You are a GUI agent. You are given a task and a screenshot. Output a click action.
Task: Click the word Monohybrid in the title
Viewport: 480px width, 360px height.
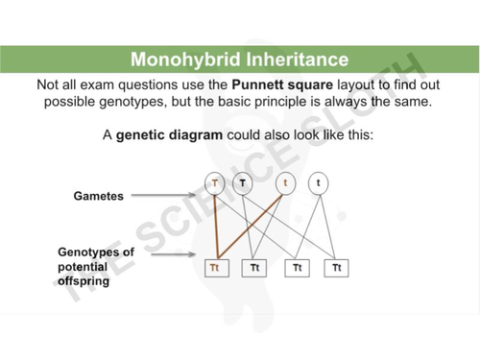[x=180, y=60]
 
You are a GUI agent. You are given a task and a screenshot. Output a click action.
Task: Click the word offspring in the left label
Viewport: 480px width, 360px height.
[x=83, y=282]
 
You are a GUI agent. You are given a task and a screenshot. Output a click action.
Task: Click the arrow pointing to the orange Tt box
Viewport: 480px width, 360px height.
[x=179, y=256]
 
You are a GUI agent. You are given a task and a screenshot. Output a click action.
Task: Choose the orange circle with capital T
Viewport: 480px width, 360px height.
[x=215, y=181]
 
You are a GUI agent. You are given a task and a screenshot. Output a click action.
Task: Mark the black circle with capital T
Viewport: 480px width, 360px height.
[x=243, y=181]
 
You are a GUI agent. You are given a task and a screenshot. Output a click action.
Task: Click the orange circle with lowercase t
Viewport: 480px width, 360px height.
[x=286, y=181]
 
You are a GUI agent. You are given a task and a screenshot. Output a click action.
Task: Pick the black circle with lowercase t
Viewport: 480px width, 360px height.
[x=316, y=181]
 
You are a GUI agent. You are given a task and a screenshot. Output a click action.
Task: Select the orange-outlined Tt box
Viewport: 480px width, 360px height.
[x=215, y=267]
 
